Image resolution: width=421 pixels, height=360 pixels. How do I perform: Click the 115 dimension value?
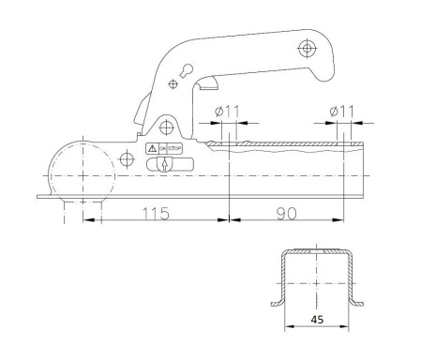click(x=156, y=213)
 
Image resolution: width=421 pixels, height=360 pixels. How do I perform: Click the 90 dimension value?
click(x=287, y=213)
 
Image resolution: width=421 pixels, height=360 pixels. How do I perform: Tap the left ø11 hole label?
click(x=227, y=111)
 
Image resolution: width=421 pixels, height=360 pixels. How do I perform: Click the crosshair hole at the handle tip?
click(x=307, y=47)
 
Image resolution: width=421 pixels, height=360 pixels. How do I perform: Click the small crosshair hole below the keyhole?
click(x=173, y=84)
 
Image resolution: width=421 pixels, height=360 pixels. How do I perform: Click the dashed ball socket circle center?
click(x=83, y=172)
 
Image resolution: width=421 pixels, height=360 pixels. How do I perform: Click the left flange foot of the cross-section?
click(x=278, y=302)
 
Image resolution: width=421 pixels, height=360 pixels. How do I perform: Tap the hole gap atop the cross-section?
click(x=318, y=252)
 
